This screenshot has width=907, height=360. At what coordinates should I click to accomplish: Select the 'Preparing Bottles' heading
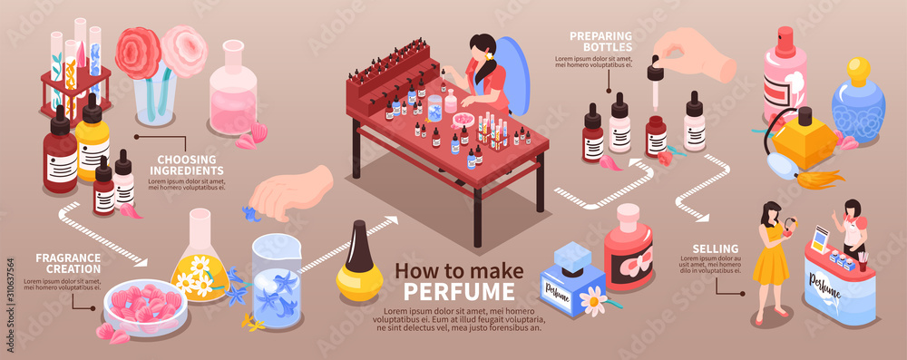pos(601,41)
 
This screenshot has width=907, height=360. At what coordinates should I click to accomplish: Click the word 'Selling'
pos(717,248)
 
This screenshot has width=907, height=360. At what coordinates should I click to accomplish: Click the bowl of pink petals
pos(145,306)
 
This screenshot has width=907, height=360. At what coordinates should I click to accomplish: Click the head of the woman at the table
pos(484,48)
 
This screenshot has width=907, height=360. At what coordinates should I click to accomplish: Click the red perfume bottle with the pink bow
pos(629,249)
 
